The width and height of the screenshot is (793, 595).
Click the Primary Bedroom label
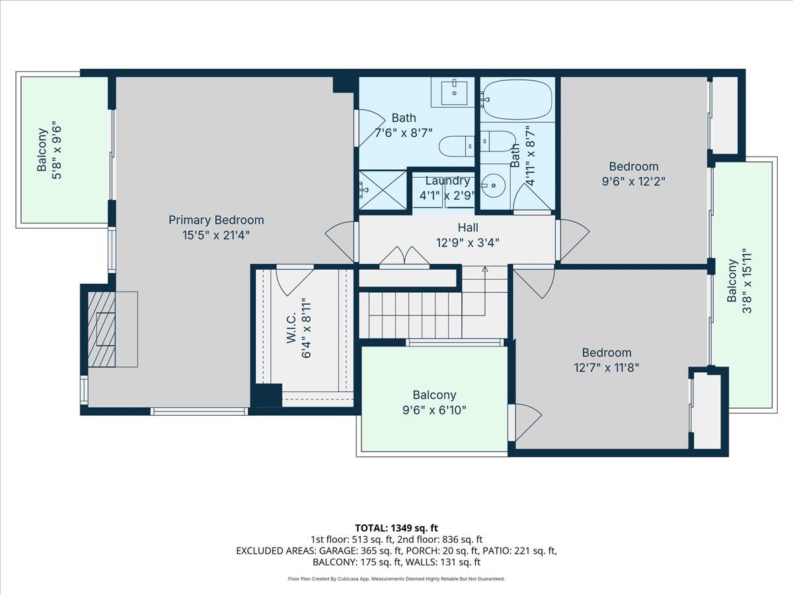(x=216, y=220)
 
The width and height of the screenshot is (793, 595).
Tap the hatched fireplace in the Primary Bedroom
(x=102, y=329)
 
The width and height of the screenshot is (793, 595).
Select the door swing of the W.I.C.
(x=293, y=280)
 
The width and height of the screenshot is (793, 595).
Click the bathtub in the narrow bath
(x=516, y=100)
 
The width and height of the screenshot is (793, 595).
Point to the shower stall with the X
(x=382, y=190)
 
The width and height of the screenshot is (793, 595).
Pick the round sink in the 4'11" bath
(x=493, y=186)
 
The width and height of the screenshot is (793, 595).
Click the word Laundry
(x=447, y=180)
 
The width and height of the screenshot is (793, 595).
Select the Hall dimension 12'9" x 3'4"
(x=469, y=242)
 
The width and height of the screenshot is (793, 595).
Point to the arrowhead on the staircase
(x=485, y=270)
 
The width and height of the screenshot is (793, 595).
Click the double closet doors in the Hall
(x=404, y=257)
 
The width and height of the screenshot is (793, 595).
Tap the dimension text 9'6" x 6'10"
(x=434, y=410)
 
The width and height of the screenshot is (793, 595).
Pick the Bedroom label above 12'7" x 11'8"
(x=606, y=352)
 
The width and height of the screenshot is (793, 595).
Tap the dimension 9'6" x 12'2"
(x=633, y=181)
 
